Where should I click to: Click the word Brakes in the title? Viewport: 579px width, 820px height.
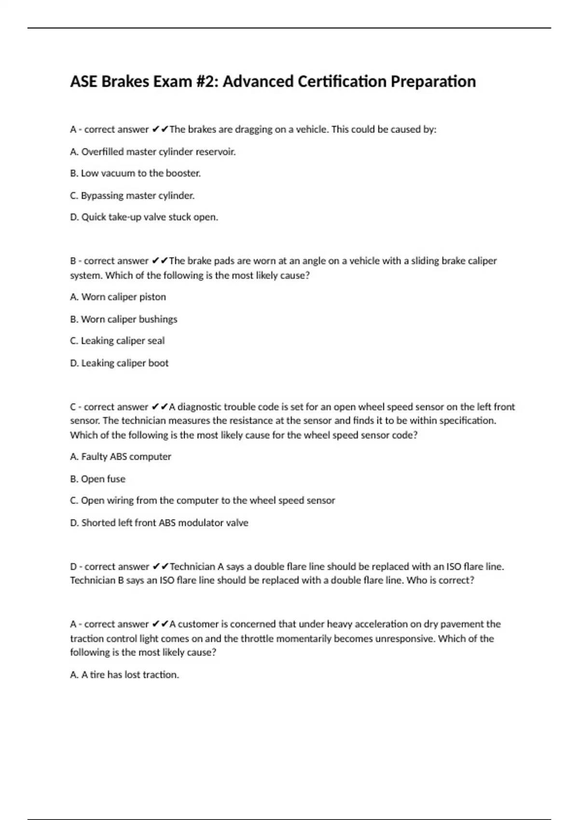[125, 82]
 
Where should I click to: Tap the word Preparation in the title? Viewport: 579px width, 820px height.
[433, 82]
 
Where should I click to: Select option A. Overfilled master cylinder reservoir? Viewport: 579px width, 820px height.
[153, 152]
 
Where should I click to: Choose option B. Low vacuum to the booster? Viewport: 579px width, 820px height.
[135, 173]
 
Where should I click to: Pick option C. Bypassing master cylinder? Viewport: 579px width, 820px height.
[132, 195]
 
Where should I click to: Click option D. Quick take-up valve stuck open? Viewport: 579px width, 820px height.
[144, 217]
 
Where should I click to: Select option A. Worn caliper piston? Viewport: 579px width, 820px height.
[118, 297]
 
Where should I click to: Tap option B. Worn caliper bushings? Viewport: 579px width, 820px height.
[124, 319]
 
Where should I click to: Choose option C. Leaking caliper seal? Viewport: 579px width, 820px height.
[117, 341]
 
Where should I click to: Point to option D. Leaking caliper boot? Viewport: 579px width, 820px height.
[119, 363]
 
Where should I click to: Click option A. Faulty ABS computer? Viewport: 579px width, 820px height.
[121, 457]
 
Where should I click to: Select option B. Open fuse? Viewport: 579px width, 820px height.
[97, 479]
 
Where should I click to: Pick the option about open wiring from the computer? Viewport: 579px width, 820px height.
[203, 501]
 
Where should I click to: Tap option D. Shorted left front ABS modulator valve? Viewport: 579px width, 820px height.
[159, 523]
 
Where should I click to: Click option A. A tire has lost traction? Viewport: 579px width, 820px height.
[124, 675]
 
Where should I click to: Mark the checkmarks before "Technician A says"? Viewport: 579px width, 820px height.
[160, 567]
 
